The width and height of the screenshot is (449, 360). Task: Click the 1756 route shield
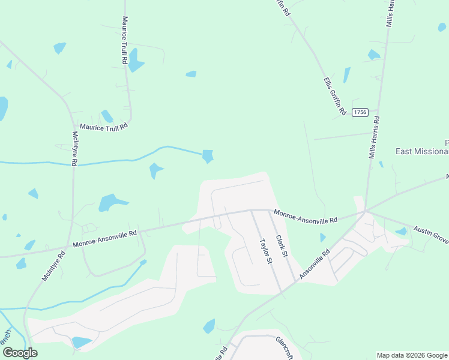click(360, 112)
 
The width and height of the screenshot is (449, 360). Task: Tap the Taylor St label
click(266, 251)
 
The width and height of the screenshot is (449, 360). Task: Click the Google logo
click(20, 353)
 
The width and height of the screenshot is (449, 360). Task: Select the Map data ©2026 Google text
click(412, 355)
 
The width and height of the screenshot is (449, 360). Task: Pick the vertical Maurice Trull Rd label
click(125, 40)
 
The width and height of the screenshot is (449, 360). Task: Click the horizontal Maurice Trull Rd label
click(104, 127)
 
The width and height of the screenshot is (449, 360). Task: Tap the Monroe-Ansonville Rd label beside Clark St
click(306, 216)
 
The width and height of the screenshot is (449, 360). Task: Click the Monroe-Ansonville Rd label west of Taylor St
click(105, 239)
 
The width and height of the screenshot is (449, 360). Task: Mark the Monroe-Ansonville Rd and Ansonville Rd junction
click(365, 212)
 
